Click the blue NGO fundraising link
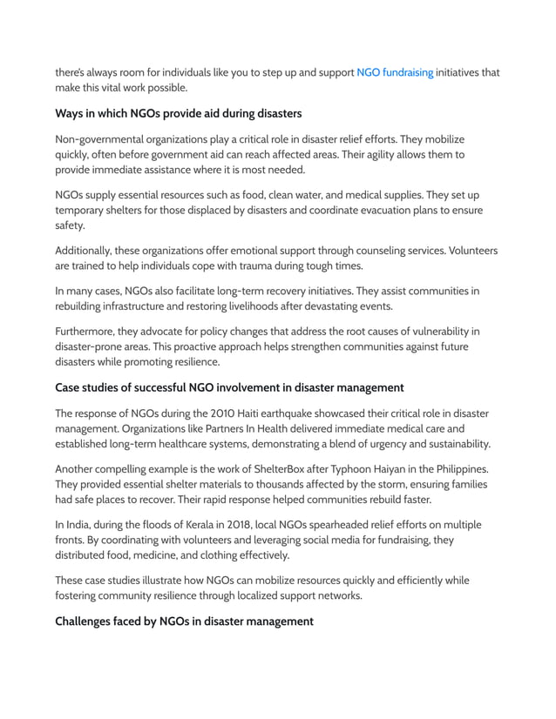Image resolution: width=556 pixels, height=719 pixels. tap(395, 72)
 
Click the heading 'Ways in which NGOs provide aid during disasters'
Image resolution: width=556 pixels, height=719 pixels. tap(179, 114)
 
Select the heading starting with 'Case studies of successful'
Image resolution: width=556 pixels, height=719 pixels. tap(229, 387)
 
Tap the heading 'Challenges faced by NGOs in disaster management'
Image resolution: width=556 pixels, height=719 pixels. tap(184, 621)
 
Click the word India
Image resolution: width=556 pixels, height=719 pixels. tap(78, 525)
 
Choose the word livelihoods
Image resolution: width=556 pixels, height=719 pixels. tap(299, 306)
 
